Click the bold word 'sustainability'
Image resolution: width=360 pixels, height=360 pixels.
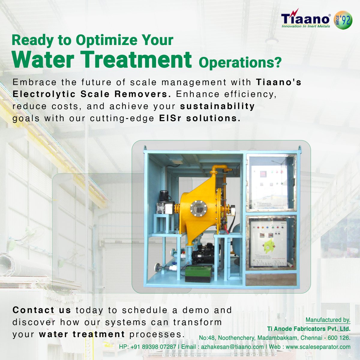[x=217, y=106]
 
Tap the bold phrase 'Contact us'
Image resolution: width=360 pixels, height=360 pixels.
[x=42, y=310]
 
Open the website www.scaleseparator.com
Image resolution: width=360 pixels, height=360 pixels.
[x=318, y=347]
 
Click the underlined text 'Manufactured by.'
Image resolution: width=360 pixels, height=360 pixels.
[x=328, y=320]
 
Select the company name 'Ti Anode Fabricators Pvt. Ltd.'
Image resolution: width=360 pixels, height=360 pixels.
[x=309, y=329]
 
